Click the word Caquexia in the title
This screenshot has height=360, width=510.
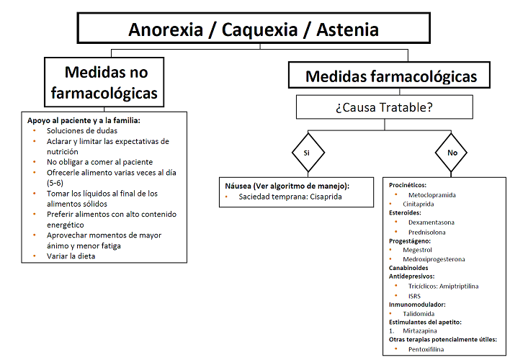[259, 30]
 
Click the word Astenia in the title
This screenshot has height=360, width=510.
[347, 30]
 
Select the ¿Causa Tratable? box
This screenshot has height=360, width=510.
[385, 107]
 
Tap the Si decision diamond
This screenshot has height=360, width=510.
[308, 153]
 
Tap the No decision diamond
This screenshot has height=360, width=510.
[451, 153]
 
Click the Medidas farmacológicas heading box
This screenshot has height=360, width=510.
[389, 75]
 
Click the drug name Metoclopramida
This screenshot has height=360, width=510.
[432, 195]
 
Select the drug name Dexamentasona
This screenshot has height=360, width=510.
[431, 222]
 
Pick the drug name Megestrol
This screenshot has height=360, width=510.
[417, 250]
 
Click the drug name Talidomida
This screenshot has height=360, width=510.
[419, 314]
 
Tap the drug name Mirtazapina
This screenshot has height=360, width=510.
[420, 331]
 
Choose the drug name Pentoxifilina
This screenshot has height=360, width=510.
[426, 349]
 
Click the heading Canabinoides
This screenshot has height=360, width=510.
[408, 268]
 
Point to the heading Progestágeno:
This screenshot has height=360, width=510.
[410, 241]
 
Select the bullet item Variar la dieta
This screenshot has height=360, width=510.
[71, 256]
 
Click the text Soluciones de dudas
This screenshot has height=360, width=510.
[82, 131]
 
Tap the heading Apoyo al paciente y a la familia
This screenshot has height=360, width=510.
[84, 121]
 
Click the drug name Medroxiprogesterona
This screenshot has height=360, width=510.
[434, 259]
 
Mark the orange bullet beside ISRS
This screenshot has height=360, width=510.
[396, 295]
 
